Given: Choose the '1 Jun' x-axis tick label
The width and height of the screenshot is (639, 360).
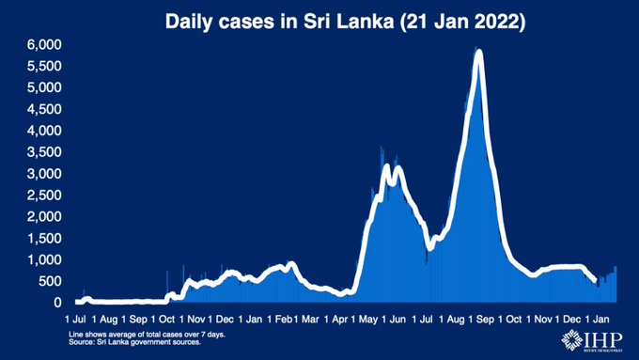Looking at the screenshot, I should (x=396, y=320).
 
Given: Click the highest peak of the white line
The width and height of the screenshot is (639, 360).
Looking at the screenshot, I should (x=479, y=53).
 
